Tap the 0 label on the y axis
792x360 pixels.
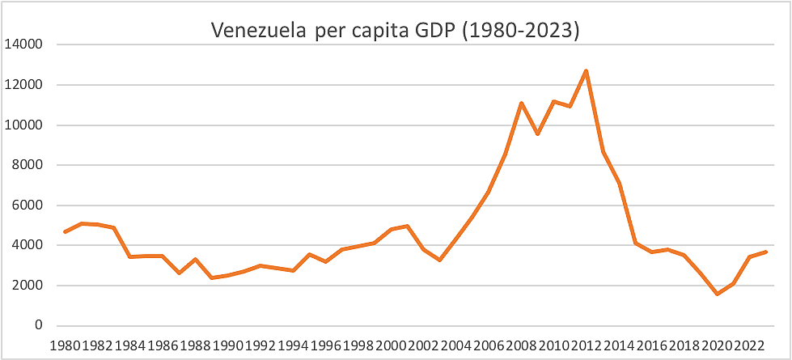pos(37,326)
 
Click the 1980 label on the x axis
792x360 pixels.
pos(65,345)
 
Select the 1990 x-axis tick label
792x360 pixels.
pos(228,345)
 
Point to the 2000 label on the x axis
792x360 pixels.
pos(391,345)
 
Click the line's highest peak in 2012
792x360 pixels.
pos(587,70)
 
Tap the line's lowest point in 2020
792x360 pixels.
pos(717,294)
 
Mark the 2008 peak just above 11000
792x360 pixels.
pos(521,103)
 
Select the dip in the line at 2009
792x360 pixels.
pos(538,133)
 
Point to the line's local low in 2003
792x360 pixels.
pos(440,260)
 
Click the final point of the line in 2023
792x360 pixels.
pos(766,252)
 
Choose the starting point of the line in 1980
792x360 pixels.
pos(65,232)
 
